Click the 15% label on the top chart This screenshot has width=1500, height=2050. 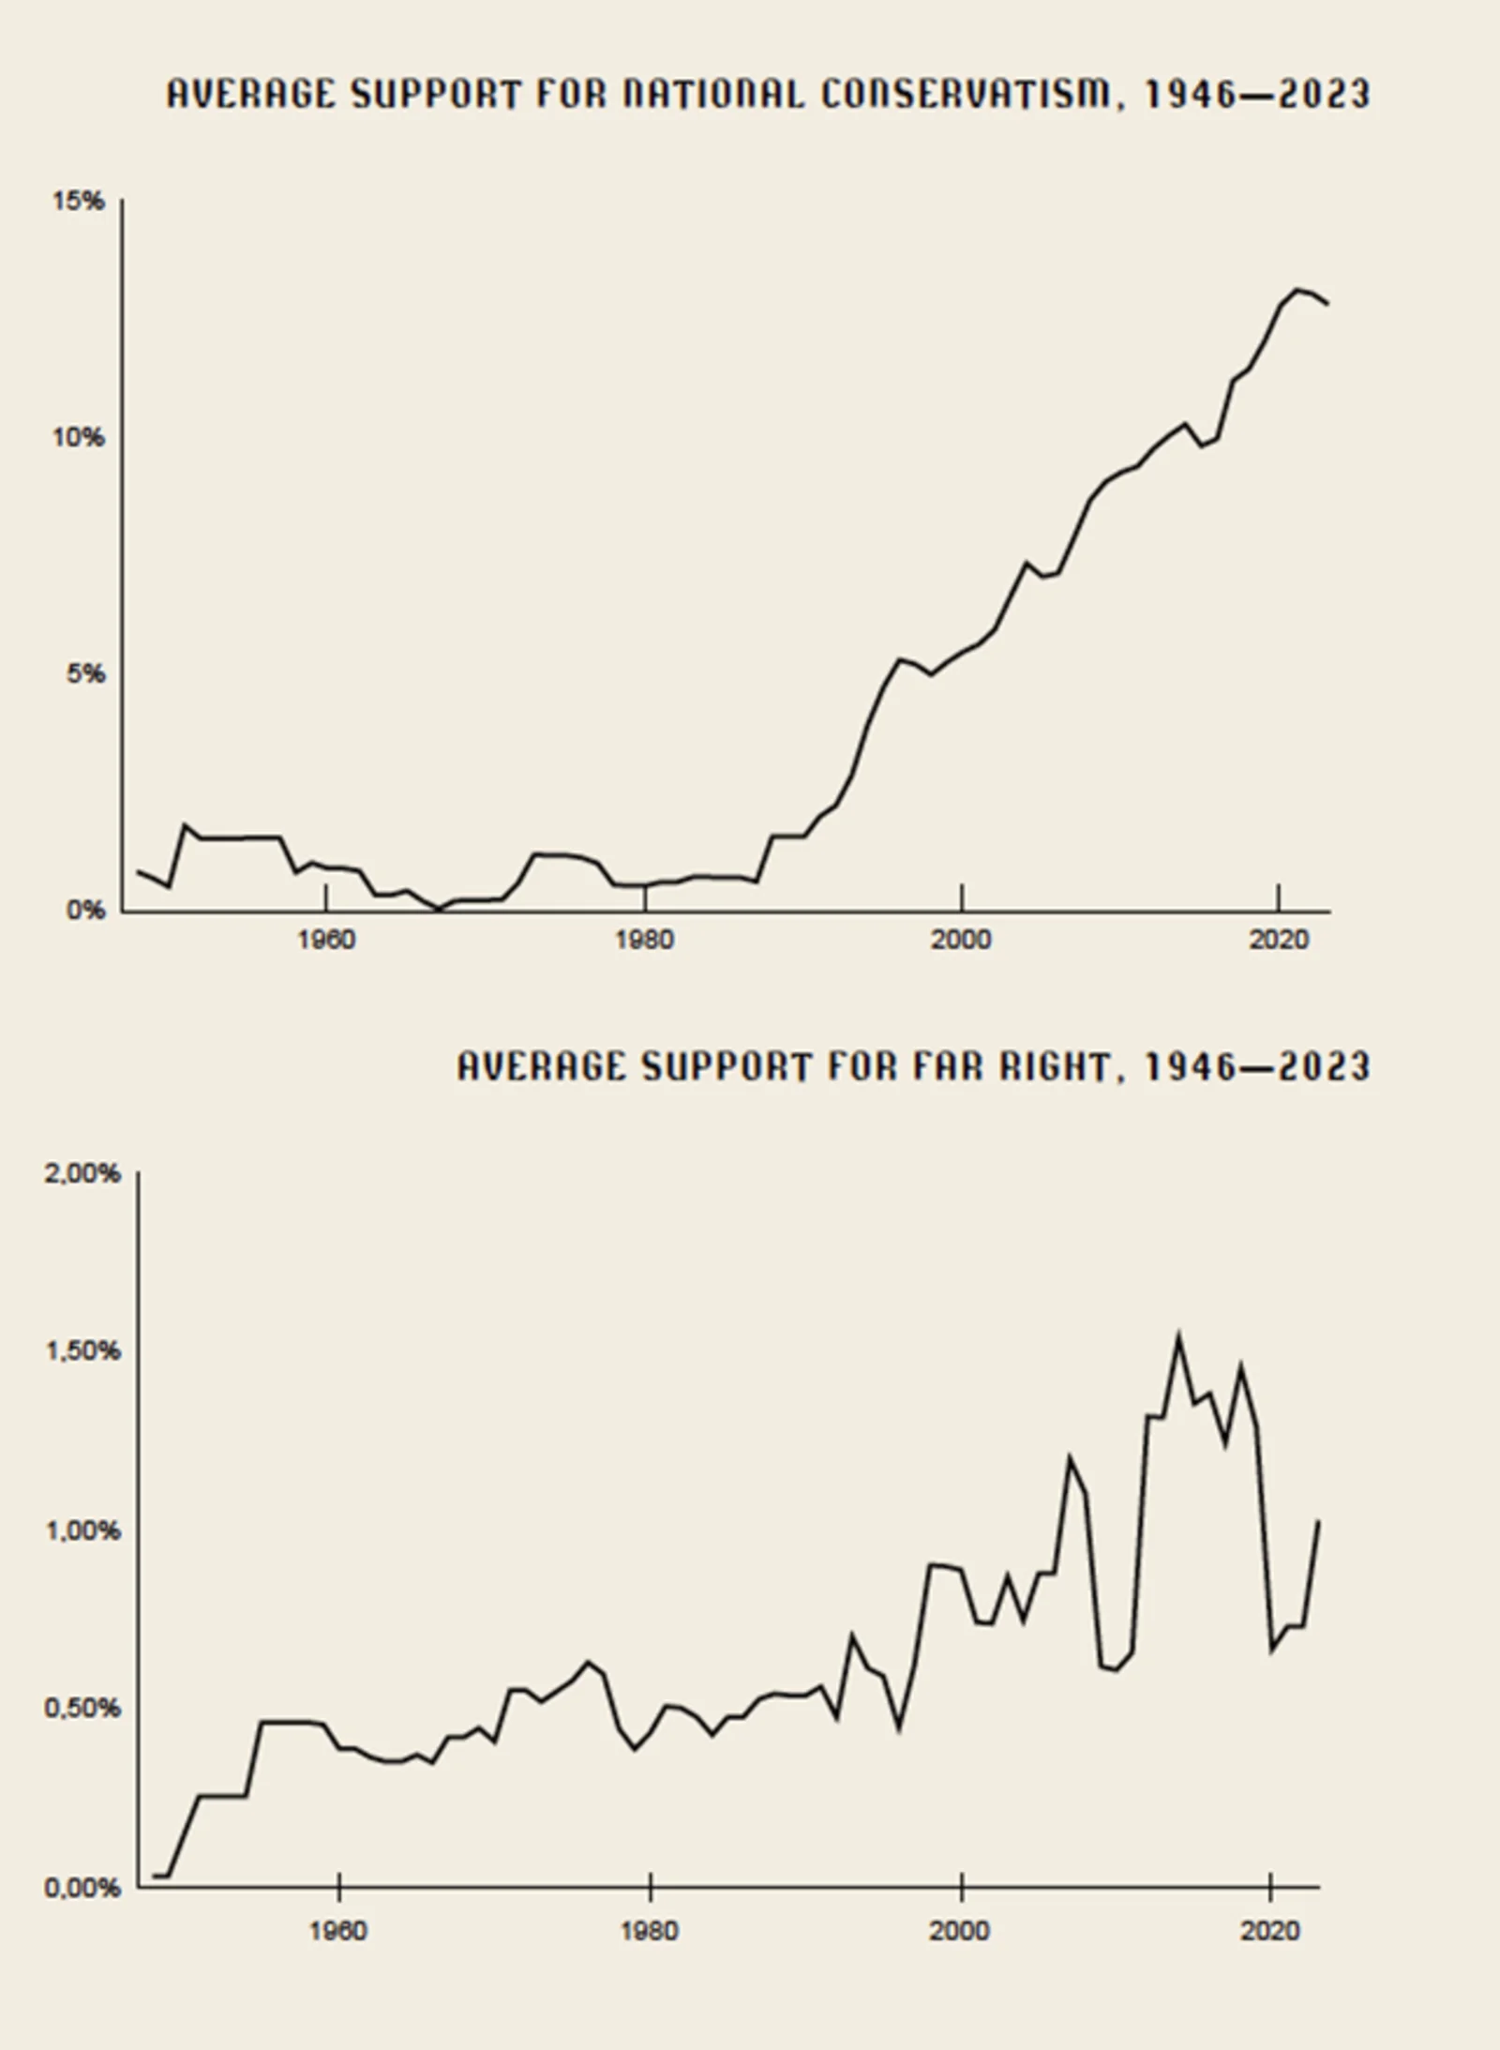pyautogui.click(x=79, y=202)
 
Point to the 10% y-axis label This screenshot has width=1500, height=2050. pyautogui.click(x=79, y=438)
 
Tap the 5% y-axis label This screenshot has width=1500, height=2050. pyautogui.click(x=84, y=674)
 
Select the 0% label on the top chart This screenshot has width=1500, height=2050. pyautogui.click(x=85, y=911)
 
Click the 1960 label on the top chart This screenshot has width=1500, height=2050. pyautogui.click(x=326, y=940)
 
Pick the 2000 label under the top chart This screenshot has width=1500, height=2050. pyautogui.click(x=961, y=940)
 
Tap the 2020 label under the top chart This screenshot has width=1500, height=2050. pyautogui.click(x=1278, y=940)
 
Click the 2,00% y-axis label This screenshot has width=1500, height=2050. pyautogui.click(x=82, y=1174)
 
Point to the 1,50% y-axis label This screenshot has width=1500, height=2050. pyautogui.click(x=82, y=1351)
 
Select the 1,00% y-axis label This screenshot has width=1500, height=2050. pyautogui.click(x=82, y=1530)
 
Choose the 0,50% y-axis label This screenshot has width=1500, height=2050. pyautogui.click(x=82, y=1709)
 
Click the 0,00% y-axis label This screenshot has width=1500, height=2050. pyautogui.click(x=82, y=1888)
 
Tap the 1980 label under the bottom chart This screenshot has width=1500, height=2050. pyautogui.click(x=650, y=1932)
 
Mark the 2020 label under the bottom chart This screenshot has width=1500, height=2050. pyautogui.click(x=1270, y=1932)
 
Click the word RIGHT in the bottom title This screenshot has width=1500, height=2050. pyautogui.click(x=1057, y=1067)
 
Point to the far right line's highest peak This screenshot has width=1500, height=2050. pyautogui.click(x=1178, y=1337)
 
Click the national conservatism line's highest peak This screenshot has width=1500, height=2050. pyautogui.click(x=1298, y=290)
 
